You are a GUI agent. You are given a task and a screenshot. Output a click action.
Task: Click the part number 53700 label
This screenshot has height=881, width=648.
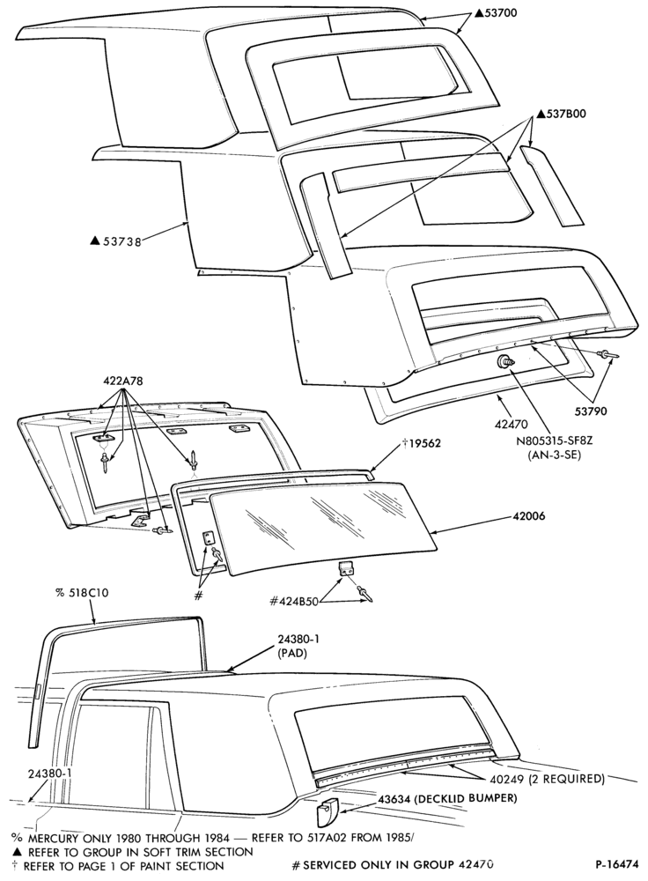coord(500,13)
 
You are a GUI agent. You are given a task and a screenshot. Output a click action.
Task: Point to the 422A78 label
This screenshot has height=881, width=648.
coord(123,381)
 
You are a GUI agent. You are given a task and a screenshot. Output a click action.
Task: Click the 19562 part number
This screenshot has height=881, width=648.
coord(425,444)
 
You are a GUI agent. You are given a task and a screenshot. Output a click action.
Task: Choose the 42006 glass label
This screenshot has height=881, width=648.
coord(529,515)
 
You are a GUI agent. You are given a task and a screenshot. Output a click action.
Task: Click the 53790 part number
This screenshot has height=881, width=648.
coord(590,411)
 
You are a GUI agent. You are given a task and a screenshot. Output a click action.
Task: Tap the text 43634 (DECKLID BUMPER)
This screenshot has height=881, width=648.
coord(447,798)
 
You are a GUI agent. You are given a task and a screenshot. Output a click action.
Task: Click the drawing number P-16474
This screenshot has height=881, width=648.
coord(616,866)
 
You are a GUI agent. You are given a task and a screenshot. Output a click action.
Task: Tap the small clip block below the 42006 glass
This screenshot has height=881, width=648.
coord(347,568)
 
